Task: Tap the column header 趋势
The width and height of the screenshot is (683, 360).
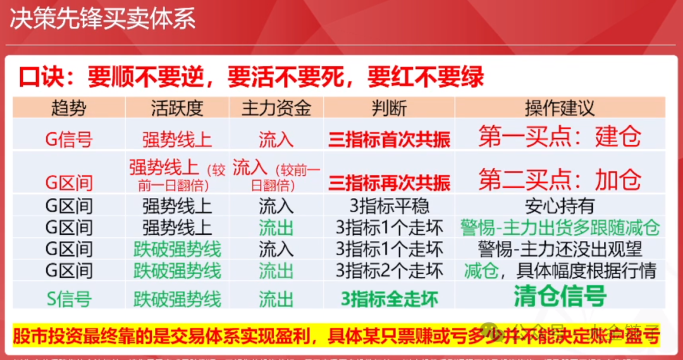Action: tap(68, 108)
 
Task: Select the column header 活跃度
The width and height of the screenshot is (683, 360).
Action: tap(177, 108)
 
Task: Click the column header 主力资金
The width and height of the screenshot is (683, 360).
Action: tap(276, 108)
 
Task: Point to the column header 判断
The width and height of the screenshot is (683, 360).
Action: tap(389, 108)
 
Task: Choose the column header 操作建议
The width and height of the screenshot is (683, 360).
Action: tap(560, 108)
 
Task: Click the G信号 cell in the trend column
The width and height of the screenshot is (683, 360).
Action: tap(68, 139)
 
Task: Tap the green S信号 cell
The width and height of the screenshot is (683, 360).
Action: tap(68, 298)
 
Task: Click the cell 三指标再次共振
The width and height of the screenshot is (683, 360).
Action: tap(389, 183)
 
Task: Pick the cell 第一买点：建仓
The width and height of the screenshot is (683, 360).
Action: tap(560, 137)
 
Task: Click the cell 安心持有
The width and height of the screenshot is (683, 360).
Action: tap(560, 206)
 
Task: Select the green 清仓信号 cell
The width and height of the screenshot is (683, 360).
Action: tap(560, 296)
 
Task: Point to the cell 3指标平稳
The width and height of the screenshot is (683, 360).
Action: tap(389, 206)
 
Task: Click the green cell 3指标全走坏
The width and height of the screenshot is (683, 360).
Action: tap(389, 298)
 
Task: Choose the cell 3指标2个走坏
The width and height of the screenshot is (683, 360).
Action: tap(389, 271)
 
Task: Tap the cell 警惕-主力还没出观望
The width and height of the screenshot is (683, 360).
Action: tap(560, 249)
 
